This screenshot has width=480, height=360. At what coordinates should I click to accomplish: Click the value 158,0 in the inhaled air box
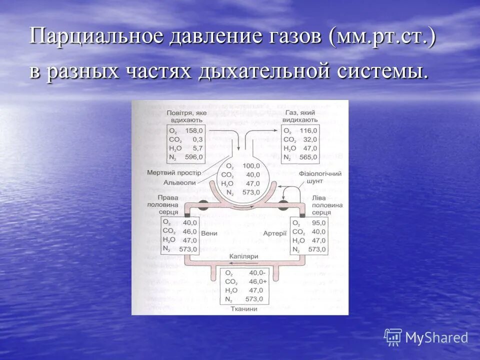(193, 130)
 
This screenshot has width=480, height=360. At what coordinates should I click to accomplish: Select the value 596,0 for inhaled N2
(193, 157)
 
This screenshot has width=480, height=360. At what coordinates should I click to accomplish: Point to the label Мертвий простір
(174, 172)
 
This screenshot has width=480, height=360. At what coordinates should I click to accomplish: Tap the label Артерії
(275, 233)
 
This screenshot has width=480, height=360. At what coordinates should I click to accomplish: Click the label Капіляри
(243, 256)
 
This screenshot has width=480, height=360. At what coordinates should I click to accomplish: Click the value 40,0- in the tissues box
(256, 272)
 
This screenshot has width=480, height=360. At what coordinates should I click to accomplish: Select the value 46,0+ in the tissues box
(256, 281)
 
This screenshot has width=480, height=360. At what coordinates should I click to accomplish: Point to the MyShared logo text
(436, 337)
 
